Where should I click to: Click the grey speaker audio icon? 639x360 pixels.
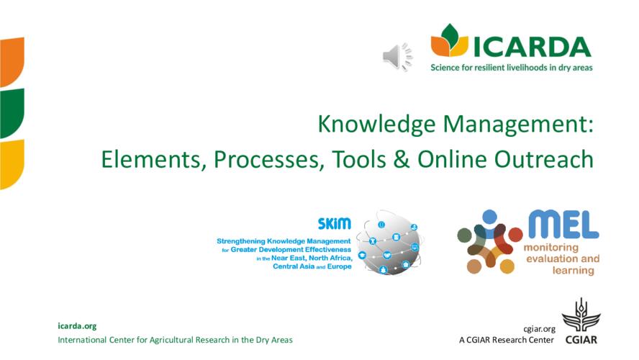click(x=397, y=57)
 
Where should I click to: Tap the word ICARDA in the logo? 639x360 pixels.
click(x=532, y=47)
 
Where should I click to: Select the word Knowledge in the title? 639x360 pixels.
click(x=376, y=124)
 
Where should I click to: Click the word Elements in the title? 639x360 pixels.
click(x=153, y=159)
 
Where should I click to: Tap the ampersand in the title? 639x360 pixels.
click(x=402, y=159)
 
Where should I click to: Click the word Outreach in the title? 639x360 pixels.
click(x=543, y=159)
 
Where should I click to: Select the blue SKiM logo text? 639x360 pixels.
click(x=334, y=223)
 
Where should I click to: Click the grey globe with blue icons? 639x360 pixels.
click(x=389, y=243)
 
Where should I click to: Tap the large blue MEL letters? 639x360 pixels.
click(x=563, y=224)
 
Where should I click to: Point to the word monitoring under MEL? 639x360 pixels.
click(x=550, y=247)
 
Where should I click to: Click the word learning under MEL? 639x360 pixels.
click(x=573, y=270)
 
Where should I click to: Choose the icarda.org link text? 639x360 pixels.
click(x=77, y=326)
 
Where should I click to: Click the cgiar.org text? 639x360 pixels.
click(x=539, y=329)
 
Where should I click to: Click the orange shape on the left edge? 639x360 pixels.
click(x=12, y=61)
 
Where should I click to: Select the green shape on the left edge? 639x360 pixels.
click(x=12, y=112)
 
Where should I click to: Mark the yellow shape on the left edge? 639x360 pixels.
click(x=12, y=164)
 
